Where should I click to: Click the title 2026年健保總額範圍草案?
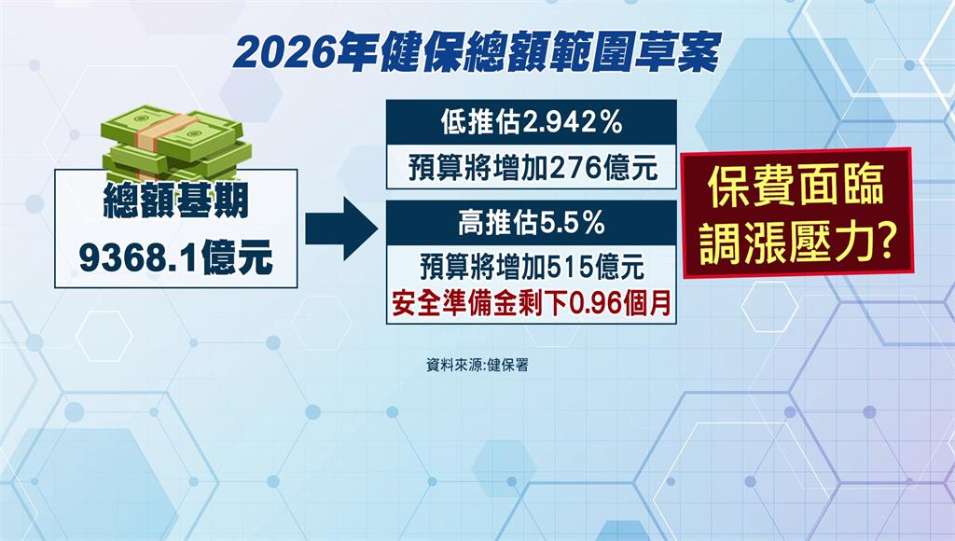(477, 53)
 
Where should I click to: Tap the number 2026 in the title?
(284, 53)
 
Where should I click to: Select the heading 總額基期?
(176, 201)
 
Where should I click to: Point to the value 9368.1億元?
(176, 257)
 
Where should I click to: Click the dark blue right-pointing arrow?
(341, 229)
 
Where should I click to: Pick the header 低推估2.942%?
(532, 122)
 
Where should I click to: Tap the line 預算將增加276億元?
(533, 168)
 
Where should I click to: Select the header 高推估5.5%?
(532, 224)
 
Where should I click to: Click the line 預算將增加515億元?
(532, 268)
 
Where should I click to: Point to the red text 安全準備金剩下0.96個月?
(532, 303)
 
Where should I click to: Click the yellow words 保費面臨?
(796, 186)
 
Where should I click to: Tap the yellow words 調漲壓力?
(797, 243)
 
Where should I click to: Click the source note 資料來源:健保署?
(477, 365)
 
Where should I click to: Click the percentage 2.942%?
(573, 123)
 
